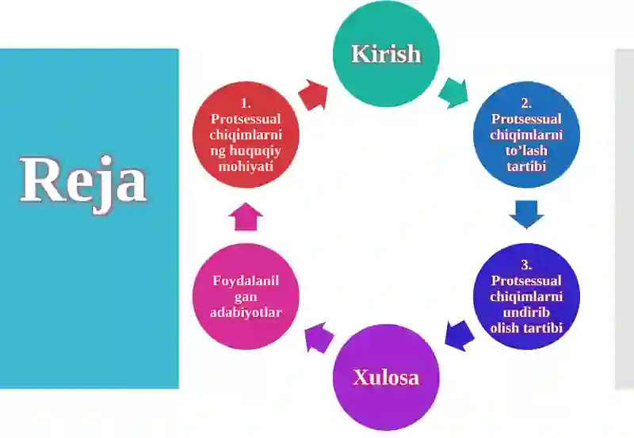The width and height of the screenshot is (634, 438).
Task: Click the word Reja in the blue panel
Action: [83, 183]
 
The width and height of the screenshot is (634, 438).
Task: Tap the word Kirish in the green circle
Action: [386, 54]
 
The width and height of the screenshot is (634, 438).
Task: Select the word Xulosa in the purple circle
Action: [386, 377]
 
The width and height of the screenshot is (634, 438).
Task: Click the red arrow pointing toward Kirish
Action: [312, 95]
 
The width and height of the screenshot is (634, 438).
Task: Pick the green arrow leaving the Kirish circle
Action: [453, 93]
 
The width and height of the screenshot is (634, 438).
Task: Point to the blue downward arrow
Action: [526, 214]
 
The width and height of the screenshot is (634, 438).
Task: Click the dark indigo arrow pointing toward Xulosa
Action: [460, 336]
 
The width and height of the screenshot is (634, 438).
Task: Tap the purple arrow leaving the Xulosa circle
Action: [319, 337]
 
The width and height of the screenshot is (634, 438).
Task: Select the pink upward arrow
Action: [246, 217]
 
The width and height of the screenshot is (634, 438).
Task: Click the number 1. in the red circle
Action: [246, 104]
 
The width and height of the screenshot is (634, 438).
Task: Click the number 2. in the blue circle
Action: [526, 104]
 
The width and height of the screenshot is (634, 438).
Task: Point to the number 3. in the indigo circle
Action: [526, 265]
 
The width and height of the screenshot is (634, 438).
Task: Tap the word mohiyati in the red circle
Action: [246, 166]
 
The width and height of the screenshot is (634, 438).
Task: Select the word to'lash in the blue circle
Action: [526, 150]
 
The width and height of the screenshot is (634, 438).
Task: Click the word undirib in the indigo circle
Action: [526, 312]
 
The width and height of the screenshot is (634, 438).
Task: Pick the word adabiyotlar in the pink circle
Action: [246, 312]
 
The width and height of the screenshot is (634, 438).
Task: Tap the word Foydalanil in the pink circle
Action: [246, 280]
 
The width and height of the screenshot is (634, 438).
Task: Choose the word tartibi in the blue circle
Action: [526, 166]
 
